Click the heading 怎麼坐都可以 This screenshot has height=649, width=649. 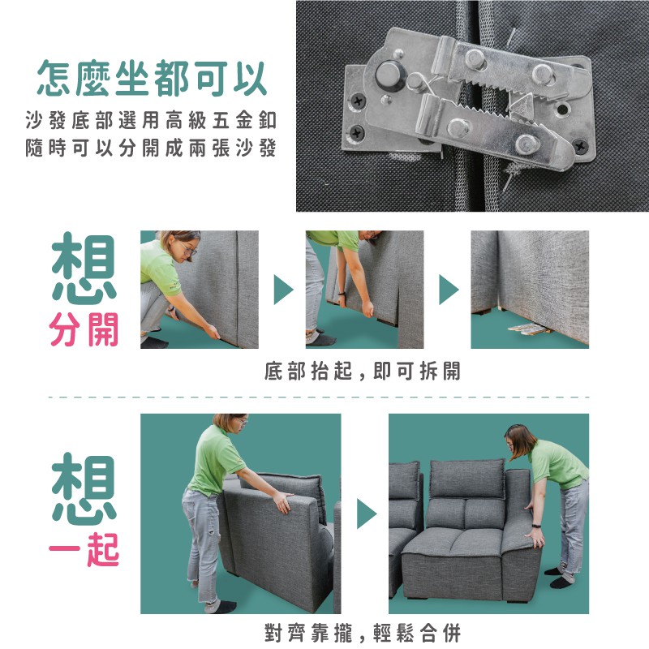152,79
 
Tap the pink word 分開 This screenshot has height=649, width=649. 84,329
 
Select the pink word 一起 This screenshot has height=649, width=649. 84,549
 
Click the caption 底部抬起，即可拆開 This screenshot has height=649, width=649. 363,371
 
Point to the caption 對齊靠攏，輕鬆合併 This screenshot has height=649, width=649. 363,633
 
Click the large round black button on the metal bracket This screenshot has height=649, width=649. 390,75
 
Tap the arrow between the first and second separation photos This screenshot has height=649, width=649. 283,290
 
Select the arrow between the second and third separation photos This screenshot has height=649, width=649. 449,290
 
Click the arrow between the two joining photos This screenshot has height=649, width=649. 367,514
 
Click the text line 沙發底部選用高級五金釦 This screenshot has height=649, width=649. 151,120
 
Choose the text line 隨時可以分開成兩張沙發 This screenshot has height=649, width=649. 151,148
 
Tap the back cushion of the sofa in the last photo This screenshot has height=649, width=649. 467,479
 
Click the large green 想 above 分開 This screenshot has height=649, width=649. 84,268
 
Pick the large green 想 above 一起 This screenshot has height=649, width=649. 84,488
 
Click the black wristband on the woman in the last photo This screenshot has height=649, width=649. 535,526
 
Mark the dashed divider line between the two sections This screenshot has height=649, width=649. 319,398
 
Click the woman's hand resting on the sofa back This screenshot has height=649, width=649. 284,501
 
